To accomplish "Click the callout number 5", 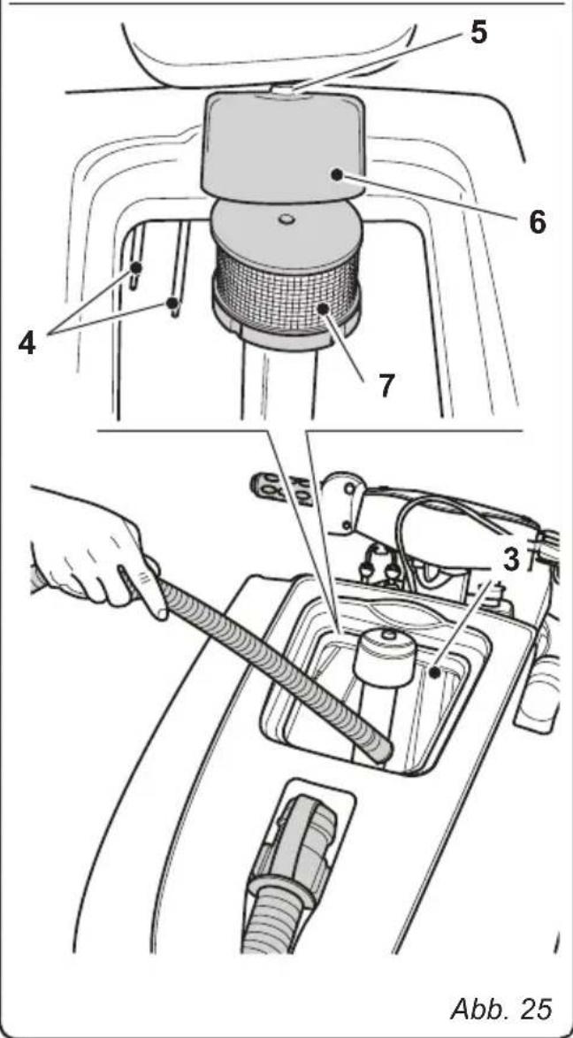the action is (478, 31).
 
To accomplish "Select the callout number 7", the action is (387, 386).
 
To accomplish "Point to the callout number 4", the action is (27, 343).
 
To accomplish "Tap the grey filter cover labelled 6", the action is (284, 147).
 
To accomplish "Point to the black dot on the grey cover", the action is (338, 174).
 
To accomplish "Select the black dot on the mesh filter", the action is (324, 309).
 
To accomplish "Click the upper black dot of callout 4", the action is (137, 267).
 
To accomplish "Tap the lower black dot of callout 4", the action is (172, 304).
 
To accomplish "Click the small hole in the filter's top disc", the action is (286, 218).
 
